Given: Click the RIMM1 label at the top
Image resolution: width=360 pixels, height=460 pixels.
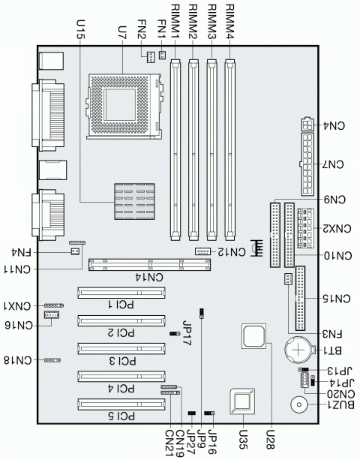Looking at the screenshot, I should pos(175,23).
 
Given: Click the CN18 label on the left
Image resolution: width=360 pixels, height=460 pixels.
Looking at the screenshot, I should pos(19,361).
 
